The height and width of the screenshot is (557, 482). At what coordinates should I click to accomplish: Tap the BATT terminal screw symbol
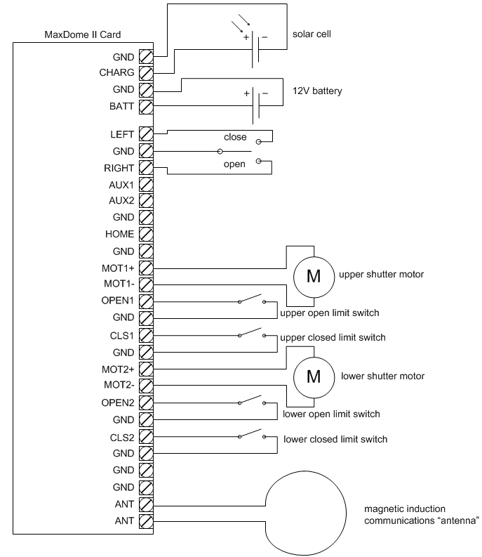pyautogui.click(x=146, y=107)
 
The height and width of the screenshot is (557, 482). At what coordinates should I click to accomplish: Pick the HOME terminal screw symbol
pyautogui.click(x=146, y=233)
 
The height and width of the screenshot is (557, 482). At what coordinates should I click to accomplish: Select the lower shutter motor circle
pyautogui.click(x=312, y=376)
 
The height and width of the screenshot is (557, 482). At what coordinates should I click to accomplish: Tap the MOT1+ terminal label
pyautogui.click(x=117, y=268)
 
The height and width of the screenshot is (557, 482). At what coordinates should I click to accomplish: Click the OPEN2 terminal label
pyautogui.click(x=117, y=402)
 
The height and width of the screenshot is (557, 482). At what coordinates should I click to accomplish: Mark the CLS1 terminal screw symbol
pyautogui.click(x=146, y=335)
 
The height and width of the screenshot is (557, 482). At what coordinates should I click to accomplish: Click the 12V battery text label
pyautogui.click(x=316, y=91)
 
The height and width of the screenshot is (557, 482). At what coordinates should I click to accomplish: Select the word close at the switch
pyautogui.click(x=235, y=136)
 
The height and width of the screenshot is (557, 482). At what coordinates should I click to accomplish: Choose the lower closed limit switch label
pyautogui.click(x=335, y=440)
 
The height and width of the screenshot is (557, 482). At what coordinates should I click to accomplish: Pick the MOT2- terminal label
pyautogui.click(x=118, y=385)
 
